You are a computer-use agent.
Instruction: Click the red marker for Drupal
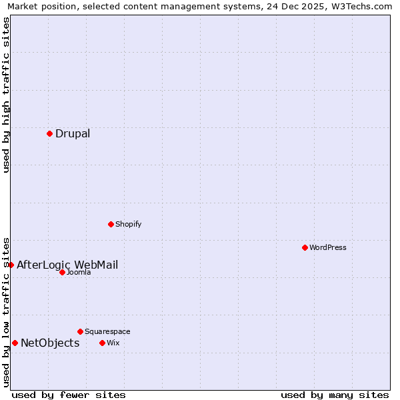(49, 133)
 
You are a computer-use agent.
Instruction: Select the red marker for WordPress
(305, 247)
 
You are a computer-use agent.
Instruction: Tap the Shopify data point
(111, 224)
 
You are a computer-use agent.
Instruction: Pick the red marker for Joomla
(62, 272)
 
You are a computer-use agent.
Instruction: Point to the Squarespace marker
(80, 331)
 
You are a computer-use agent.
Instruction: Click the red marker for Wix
(102, 343)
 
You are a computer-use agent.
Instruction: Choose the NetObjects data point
(15, 343)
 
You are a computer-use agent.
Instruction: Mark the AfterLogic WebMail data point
(11, 265)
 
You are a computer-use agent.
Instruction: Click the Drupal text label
(73, 133)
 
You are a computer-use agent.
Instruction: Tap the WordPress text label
(328, 247)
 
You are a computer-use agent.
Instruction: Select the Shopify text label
(129, 224)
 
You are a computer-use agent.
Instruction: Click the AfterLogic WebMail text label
(67, 265)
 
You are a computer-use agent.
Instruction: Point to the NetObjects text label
(50, 343)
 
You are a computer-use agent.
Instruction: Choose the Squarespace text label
(107, 331)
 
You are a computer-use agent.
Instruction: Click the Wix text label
(113, 343)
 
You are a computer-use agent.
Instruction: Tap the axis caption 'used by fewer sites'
(69, 395)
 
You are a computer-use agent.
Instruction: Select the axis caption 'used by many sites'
(335, 395)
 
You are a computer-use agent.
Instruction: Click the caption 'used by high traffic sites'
(6, 95)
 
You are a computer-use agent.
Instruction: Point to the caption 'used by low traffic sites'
(6, 312)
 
